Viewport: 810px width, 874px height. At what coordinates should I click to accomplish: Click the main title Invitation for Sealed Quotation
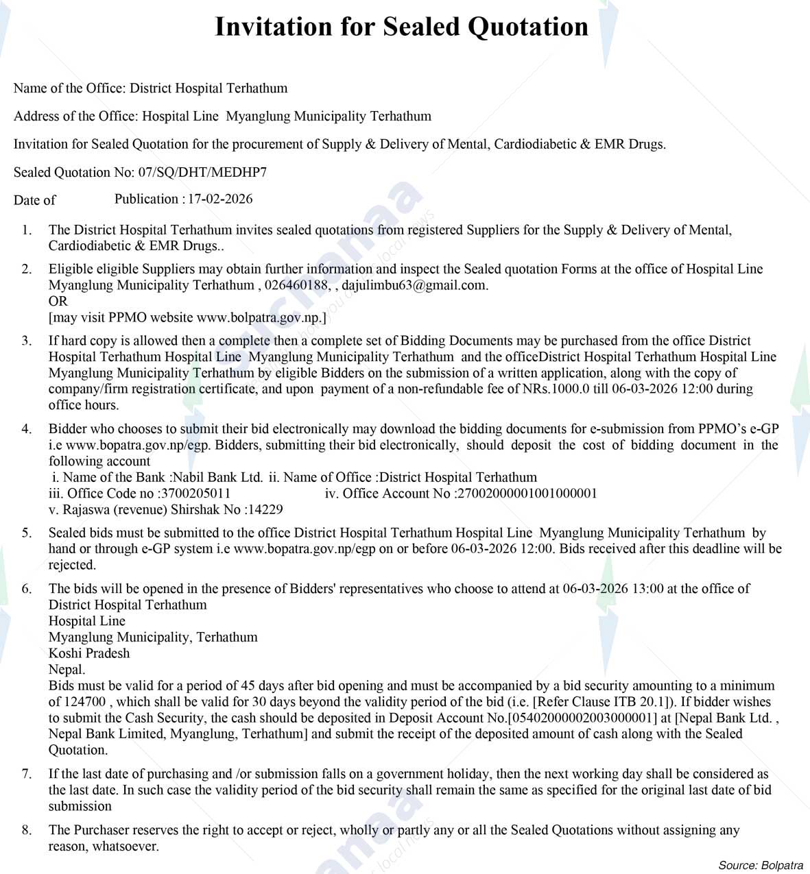click(x=401, y=27)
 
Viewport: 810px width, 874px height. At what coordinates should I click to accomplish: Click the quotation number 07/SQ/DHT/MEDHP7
click(x=202, y=172)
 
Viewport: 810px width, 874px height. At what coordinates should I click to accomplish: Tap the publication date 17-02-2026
click(x=220, y=199)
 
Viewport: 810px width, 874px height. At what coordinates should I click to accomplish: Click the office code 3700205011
click(x=195, y=494)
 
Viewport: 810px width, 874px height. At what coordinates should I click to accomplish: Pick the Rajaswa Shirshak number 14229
click(x=265, y=509)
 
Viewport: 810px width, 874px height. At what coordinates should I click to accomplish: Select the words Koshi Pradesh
click(x=89, y=653)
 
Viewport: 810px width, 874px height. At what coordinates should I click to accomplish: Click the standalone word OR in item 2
click(x=58, y=301)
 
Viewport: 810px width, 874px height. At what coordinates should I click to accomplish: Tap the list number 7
click(x=27, y=774)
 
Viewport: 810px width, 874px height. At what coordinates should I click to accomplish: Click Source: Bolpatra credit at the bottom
click(x=761, y=865)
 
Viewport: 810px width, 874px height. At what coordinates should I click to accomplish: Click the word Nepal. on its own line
click(x=67, y=670)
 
